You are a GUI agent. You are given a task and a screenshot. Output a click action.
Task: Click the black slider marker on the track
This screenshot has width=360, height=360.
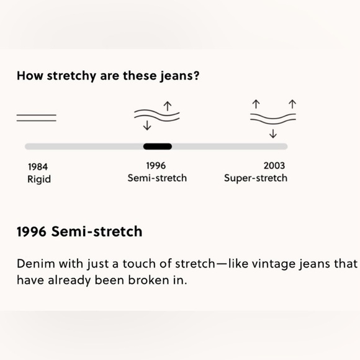pyautogui.click(x=157, y=146)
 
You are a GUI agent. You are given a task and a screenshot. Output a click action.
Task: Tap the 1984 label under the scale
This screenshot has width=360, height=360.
pyautogui.click(x=38, y=166)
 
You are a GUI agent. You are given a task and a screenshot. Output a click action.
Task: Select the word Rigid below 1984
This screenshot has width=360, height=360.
pyautogui.click(x=39, y=179)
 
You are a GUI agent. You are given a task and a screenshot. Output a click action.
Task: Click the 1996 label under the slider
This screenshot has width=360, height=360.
pyautogui.click(x=156, y=166)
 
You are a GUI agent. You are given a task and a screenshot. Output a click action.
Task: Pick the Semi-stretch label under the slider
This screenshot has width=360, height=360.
pyautogui.click(x=157, y=178)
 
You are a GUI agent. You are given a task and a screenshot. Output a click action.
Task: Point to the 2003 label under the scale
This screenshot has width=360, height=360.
pyautogui.click(x=274, y=166)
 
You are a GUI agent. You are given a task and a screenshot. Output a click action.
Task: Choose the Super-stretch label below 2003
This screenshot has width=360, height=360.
pyautogui.click(x=256, y=178)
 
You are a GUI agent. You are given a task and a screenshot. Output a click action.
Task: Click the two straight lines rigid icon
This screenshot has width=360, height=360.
pyautogui.click(x=36, y=118)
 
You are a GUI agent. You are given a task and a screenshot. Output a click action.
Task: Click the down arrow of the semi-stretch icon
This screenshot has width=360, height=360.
pyautogui.click(x=147, y=126)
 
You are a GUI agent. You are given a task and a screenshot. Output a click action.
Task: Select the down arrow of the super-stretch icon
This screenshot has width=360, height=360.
pyautogui.click(x=273, y=133)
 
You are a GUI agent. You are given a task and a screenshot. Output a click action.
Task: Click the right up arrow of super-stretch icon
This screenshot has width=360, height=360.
pyautogui.click(x=292, y=103)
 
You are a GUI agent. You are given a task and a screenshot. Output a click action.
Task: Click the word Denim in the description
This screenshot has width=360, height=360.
pyautogui.click(x=33, y=263)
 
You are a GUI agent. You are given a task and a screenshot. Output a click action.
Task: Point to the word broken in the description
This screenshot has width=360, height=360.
pyautogui.click(x=148, y=280)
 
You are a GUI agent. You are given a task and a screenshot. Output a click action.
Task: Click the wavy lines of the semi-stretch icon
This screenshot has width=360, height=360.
pyautogui.click(x=157, y=115)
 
